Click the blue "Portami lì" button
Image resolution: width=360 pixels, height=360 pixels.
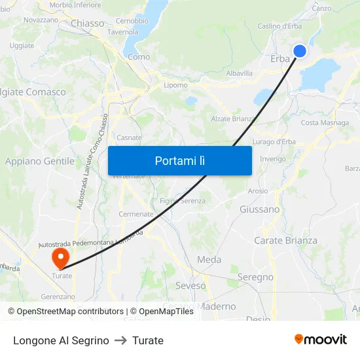click(179, 160)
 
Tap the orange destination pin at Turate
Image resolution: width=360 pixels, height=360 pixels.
click(61, 255)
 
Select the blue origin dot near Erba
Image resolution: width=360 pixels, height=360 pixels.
click(300, 51)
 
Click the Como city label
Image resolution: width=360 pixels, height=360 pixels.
click(139, 57)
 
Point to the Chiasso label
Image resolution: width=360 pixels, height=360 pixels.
click(87, 23)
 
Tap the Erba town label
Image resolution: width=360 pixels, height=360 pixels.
click(280, 59)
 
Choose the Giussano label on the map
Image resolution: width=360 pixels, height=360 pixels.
click(259, 209)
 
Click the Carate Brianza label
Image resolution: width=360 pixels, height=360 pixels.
click(285, 240)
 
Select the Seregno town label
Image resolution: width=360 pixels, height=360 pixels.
click(255, 277)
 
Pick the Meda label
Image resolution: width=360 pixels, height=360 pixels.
click(209, 259)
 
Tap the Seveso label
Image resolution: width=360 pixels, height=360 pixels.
click(190, 285)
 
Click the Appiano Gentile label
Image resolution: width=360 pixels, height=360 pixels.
click(40, 161)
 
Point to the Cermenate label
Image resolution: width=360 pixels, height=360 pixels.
click(136, 214)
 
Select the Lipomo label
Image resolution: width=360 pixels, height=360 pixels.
click(175, 85)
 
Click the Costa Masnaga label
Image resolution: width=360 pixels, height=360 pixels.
click(325, 123)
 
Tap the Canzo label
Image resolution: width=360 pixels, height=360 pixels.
click(322, 9)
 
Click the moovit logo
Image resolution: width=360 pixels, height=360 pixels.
click(321, 339)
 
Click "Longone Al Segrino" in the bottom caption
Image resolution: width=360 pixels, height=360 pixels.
click(61, 340)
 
